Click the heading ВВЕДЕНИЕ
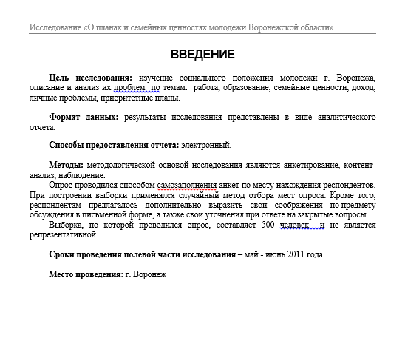click(202, 55)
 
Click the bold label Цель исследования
click(90, 78)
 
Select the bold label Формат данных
click(83, 118)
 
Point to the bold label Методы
click(66, 165)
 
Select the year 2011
click(291, 255)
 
